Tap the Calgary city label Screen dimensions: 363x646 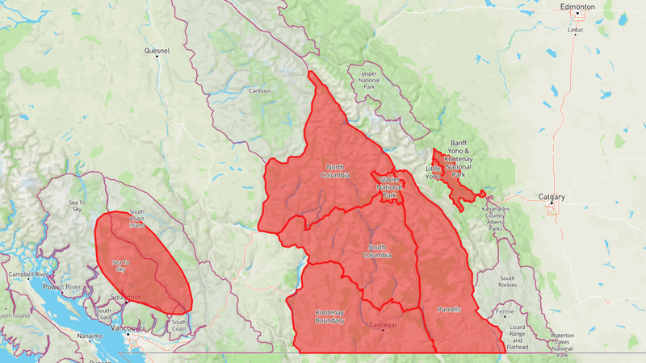point(552,197)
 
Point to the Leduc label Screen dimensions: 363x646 point(575,31)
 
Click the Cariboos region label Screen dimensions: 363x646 point(259,90)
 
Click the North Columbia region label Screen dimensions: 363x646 point(336,170)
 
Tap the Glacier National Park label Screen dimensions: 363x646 point(388,187)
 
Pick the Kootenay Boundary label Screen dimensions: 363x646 point(329,316)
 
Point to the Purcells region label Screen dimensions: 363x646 point(448,309)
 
